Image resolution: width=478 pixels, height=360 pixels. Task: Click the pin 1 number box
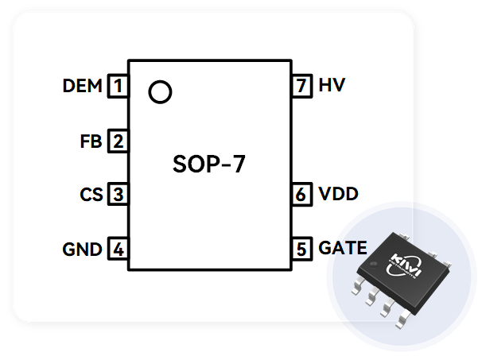118,86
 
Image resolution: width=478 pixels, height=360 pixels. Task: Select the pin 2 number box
119,141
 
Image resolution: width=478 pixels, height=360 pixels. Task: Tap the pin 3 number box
119,195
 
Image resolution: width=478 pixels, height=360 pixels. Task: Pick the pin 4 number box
119,249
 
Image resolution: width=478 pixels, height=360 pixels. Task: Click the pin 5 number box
301,249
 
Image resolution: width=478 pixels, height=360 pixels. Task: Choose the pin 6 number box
301,195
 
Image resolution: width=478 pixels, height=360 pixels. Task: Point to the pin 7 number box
301,86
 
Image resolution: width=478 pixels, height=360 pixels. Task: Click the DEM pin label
82,86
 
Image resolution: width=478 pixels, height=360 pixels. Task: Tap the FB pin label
91,141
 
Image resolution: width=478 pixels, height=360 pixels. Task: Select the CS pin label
91,195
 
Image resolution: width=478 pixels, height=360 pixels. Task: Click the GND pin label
82,250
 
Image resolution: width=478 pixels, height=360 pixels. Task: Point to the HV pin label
332,85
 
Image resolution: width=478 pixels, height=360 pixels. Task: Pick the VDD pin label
338,194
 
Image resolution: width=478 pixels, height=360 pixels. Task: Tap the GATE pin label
343,248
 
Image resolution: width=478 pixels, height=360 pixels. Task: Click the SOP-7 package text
209,164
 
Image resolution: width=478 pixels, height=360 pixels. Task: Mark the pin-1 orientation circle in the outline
160,81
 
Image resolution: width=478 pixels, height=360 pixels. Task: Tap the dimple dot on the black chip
372,265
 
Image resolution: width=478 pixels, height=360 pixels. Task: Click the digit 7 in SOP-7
238,164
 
